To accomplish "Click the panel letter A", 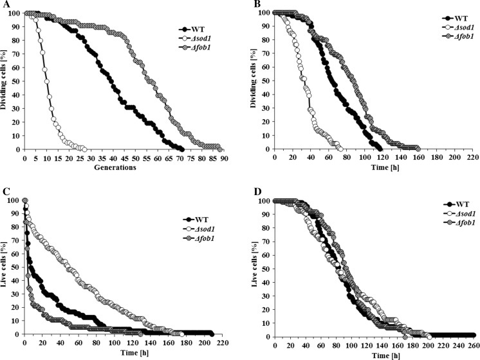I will [5, 5].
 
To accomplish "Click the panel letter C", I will [5, 191].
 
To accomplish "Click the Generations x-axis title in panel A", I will [115, 167].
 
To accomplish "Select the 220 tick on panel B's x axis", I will [473, 158].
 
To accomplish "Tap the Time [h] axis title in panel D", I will [364, 354].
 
